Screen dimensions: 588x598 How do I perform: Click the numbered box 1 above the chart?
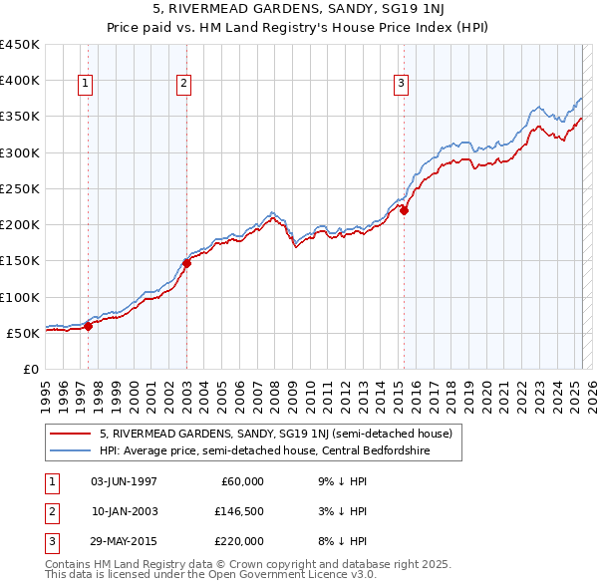click(86, 85)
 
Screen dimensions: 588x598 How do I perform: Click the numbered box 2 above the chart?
click(185, 85)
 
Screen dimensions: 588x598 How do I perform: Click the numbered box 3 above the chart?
click(401, 85)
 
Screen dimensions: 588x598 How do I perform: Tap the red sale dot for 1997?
click(88, 325)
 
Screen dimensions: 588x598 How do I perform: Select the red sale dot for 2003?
click(186, 263)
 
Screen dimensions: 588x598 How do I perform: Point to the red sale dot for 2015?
click(405, 210)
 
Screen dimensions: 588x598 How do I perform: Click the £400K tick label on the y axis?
click(19, 81)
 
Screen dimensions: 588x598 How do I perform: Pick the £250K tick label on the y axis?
click(19, 188)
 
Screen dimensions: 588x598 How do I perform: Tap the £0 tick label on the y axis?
click(30, 369)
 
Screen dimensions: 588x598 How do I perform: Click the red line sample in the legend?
click(70, 434)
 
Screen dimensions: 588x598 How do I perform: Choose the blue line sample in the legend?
click(70, 450)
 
